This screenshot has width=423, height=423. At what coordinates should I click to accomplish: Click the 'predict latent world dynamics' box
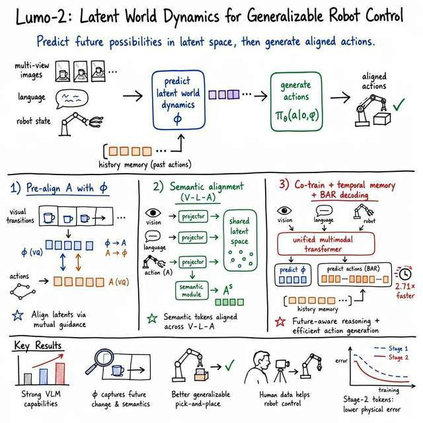[178, 100]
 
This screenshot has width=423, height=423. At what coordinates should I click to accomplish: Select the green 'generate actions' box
[296, 102]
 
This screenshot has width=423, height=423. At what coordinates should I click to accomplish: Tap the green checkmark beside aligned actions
[399, 104]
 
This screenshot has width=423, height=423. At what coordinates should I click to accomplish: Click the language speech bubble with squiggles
[72, 98]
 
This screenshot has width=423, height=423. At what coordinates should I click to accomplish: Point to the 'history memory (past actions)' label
[145, 165]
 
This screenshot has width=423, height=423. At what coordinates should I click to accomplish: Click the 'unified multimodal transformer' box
[326, 244]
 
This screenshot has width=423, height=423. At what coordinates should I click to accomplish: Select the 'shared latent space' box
[240, 240]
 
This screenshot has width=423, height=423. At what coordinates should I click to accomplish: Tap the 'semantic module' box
[192, 291]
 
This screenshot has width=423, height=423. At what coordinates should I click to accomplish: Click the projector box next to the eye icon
[193, 216]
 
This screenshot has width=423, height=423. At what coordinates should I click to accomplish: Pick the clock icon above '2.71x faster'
[405, 274]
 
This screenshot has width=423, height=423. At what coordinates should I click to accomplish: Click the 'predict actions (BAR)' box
[354, 274]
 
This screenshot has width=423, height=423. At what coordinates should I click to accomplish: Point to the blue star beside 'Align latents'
[18, 315]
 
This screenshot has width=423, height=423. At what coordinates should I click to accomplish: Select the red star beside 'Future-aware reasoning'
[280, 321]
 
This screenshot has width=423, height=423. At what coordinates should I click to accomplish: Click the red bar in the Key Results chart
[60, 373]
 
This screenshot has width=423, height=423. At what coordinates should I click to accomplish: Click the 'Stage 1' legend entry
[391, 348]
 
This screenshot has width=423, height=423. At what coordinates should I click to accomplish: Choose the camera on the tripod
[282, 370]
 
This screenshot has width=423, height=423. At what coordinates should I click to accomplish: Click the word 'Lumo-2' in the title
[41, 17]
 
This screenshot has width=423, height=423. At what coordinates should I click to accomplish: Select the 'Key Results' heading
[38, 345]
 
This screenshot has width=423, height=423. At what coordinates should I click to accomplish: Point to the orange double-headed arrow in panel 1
[78, 262]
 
